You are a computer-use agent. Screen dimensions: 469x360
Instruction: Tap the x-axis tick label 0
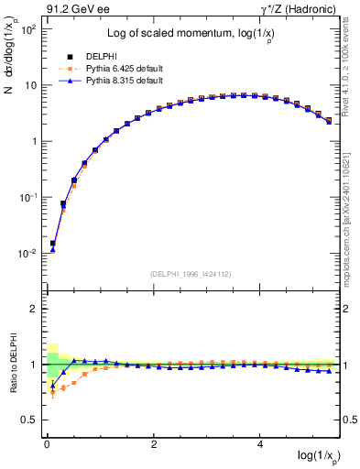47,444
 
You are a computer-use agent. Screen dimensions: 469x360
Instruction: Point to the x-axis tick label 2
154,444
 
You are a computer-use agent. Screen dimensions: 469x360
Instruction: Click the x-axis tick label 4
261,444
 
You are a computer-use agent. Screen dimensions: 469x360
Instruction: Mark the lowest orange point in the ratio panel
52,393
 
